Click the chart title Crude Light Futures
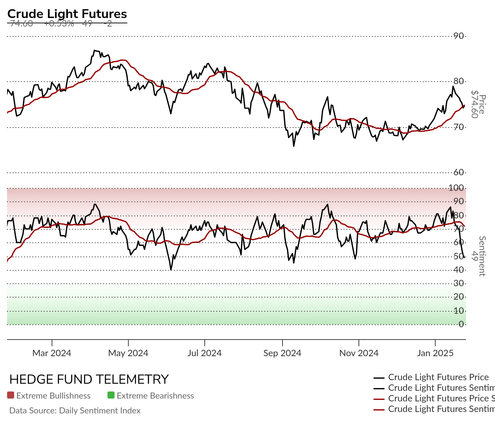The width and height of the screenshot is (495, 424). (x=67, y=14)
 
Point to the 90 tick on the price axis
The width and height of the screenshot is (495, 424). (x=459, y=36)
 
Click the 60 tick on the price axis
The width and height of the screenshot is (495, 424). (x=459, y=172)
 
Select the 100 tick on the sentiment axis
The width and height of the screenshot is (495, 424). (x=456, y=188)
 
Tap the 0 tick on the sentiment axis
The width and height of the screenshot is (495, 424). (x=461, y=324)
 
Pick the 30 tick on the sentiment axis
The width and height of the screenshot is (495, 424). (x=459, y=283)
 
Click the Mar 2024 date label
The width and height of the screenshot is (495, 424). (x=52, y=353)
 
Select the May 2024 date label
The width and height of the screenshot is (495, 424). (x=128, y=353)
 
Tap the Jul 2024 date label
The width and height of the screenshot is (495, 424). (x=204, y=353)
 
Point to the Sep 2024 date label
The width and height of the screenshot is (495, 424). (x=282, y=353)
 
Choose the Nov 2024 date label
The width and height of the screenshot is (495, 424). (x=359, y=353)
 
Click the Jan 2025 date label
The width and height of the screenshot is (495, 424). (x=435, y=353)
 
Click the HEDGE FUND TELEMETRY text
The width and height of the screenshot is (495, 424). (x=89, y=379)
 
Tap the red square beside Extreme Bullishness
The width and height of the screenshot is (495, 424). (x=11, y=395)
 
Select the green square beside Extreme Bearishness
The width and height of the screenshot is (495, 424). (x=111, y=395)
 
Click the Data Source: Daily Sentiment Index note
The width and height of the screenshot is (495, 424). (x=75, y=411)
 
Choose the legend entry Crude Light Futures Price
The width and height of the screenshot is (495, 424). (x=438, y=377)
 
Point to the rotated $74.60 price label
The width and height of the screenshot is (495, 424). (x=474, y=105)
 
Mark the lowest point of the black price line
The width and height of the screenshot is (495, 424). (x=293, y=146)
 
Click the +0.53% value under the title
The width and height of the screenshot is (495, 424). (x=59, y=24)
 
